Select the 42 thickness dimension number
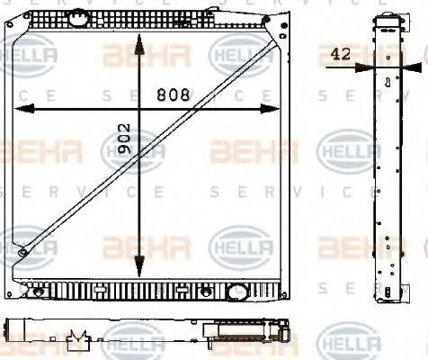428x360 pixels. point(341,55)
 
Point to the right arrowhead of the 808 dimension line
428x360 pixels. point(275,109)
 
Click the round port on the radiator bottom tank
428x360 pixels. point(237,292)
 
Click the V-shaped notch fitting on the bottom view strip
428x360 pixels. point(78,338)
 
